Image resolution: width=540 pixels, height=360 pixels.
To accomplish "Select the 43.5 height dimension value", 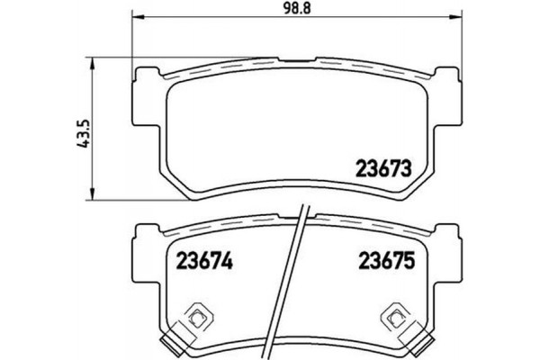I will (x=85, y=133).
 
